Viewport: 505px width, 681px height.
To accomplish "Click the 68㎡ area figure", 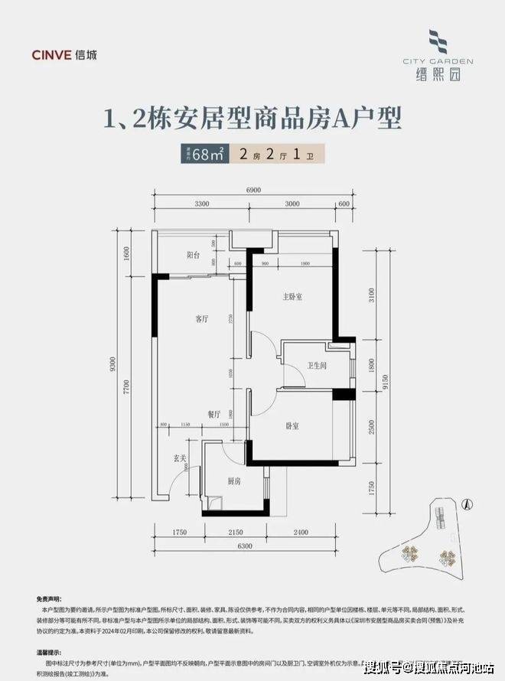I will tap(208, 154).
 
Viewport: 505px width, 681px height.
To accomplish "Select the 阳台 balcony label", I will tap(193, 256).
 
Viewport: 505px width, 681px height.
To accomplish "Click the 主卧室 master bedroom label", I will tap(293, 295).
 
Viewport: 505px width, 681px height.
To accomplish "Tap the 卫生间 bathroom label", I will tap(317, 367).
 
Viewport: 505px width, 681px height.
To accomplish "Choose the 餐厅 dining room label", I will tap(213, 413).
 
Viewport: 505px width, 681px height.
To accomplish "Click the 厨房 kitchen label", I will tap(234, 481).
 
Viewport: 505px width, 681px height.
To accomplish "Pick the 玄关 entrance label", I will tap(181, 458).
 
